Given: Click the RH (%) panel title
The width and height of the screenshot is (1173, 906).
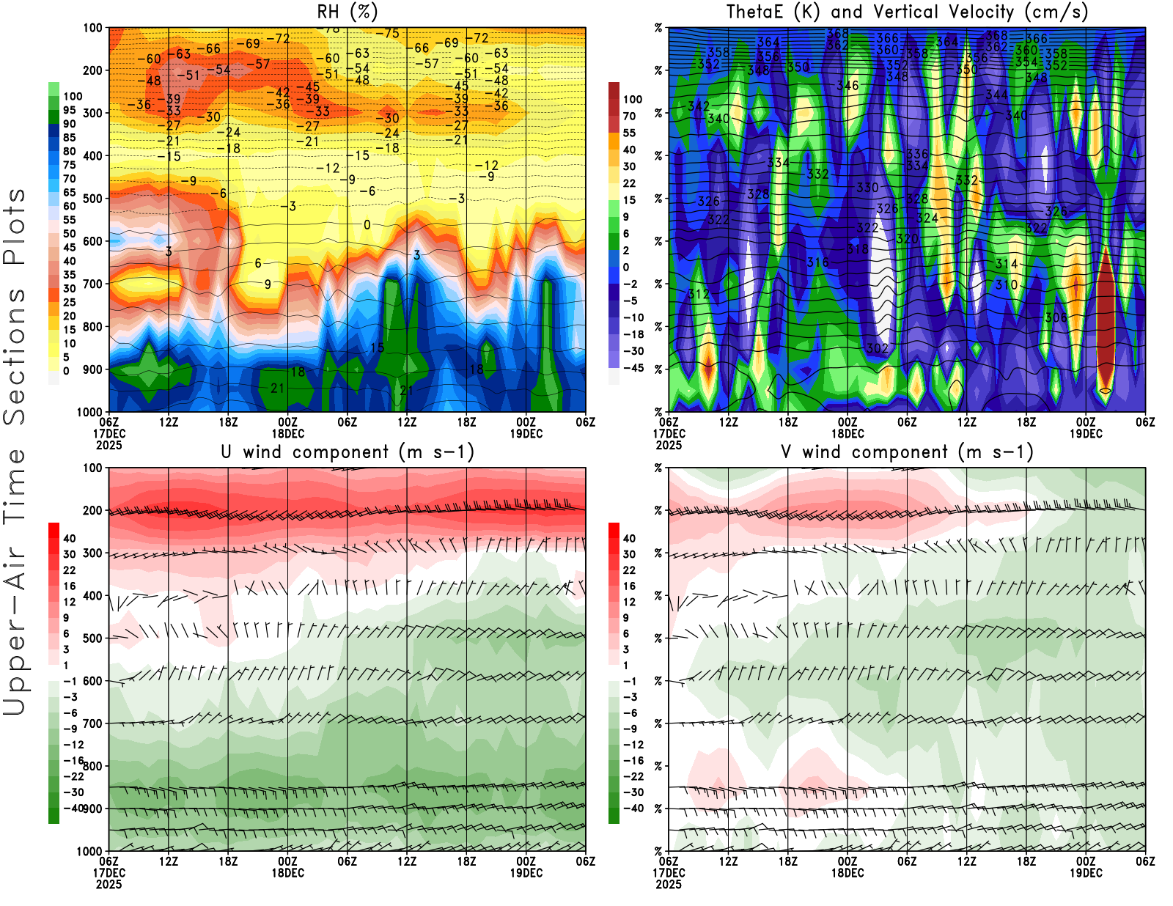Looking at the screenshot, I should [x=348, y=12].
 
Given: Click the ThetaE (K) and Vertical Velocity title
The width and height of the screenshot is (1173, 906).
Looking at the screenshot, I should [x=907, y=12].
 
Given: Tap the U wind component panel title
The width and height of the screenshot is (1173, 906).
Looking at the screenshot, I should [x=348, y=452].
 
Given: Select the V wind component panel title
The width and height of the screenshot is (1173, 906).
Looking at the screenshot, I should [x=907, y=452].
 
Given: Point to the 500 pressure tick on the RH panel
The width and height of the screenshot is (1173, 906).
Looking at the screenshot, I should [x=93, y=199].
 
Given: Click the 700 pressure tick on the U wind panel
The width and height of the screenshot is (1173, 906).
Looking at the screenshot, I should [x=93, y=723].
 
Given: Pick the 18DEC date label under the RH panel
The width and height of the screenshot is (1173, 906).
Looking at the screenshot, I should [x=288, y=433].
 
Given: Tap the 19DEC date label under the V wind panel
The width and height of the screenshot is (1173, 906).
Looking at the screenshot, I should [x=1086, y=873].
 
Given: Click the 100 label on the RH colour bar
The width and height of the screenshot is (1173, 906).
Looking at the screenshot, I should [x=73, y=96].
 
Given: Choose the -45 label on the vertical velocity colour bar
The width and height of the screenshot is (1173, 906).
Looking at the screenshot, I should [x=633, y=368].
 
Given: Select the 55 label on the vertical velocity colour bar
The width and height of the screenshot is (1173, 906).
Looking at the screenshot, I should [x=629, y=133].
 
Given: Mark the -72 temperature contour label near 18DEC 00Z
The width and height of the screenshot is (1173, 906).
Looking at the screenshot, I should [x=278, y=38].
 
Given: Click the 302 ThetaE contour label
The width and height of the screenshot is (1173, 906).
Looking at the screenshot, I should [x=878, y=348].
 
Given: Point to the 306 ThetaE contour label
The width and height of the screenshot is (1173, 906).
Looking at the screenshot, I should [x=1056, y=317].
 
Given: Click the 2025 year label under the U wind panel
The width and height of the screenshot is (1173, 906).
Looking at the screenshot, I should [x=109, y=884].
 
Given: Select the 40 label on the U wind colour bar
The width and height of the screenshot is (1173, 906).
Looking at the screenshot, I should [x=69, y=538].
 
